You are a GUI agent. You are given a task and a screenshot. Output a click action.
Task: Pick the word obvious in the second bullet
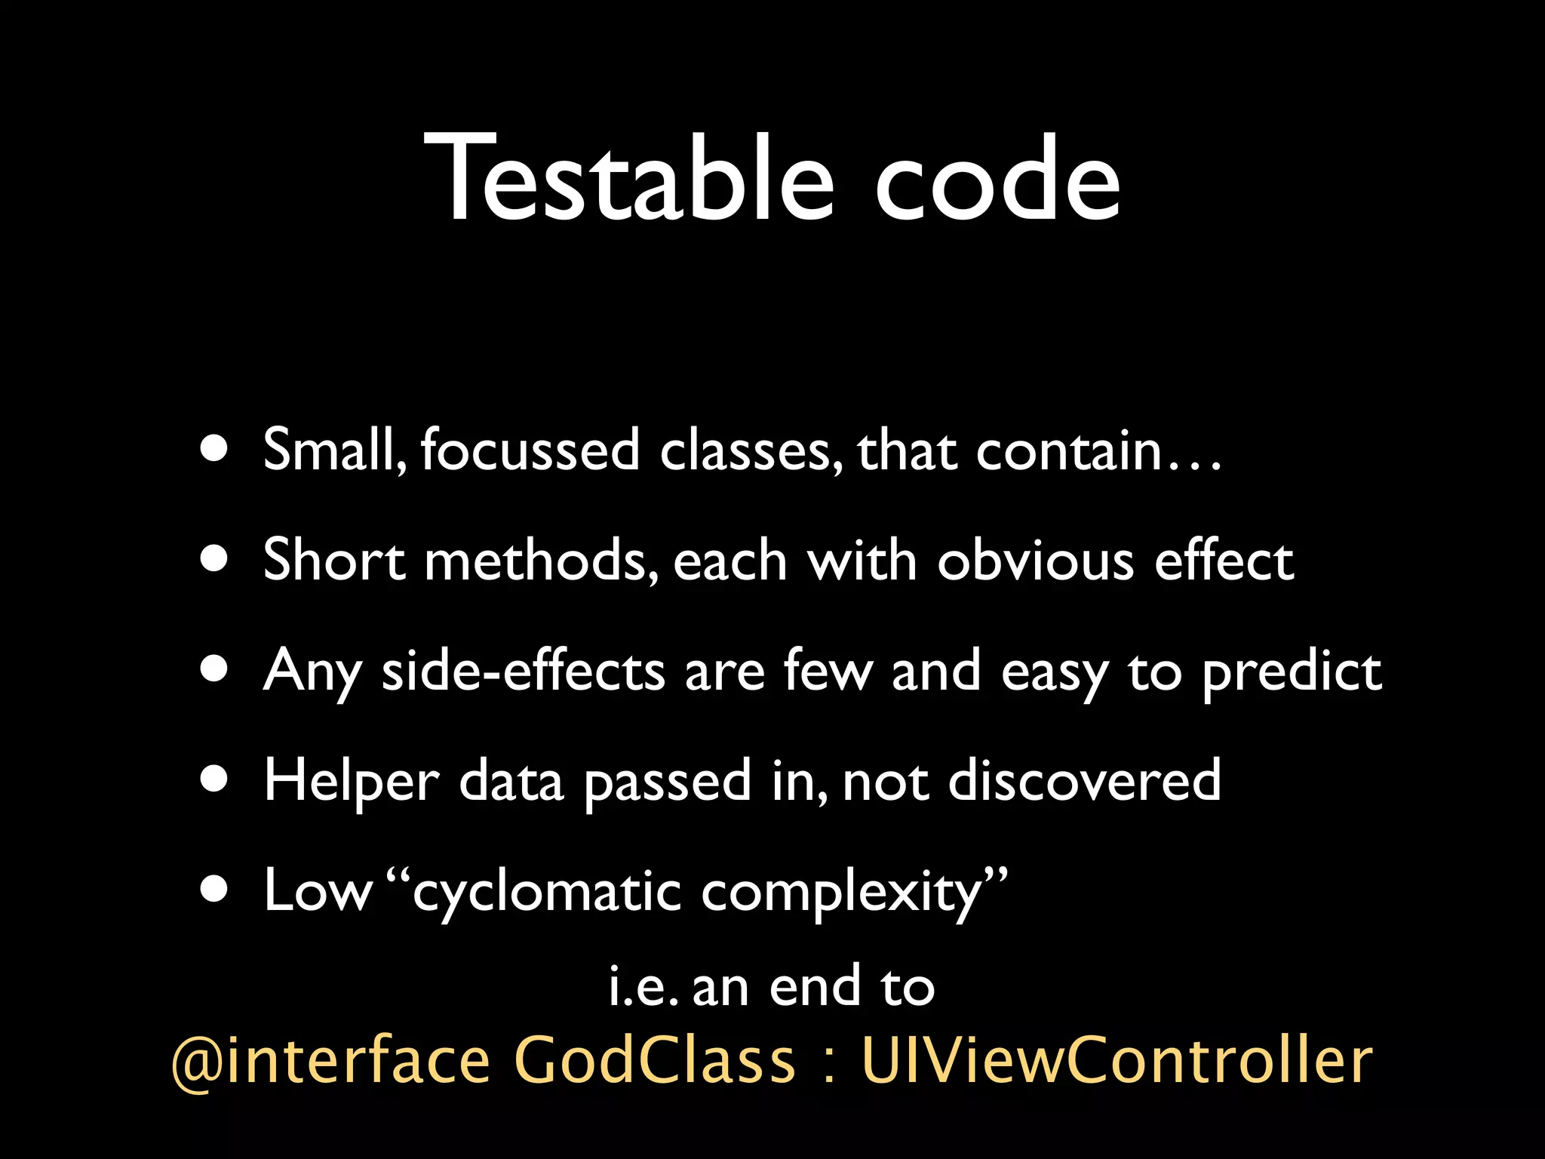(1035, 560)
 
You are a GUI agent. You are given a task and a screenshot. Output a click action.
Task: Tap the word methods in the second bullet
(536, 560)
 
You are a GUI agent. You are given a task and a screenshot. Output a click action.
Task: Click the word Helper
(352, 782)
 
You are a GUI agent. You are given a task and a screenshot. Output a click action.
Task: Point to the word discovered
(1084, 780)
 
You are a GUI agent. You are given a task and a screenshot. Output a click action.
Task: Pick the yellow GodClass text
(654, 1059)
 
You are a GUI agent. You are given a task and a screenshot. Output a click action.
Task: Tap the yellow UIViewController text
(1117, 1059)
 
